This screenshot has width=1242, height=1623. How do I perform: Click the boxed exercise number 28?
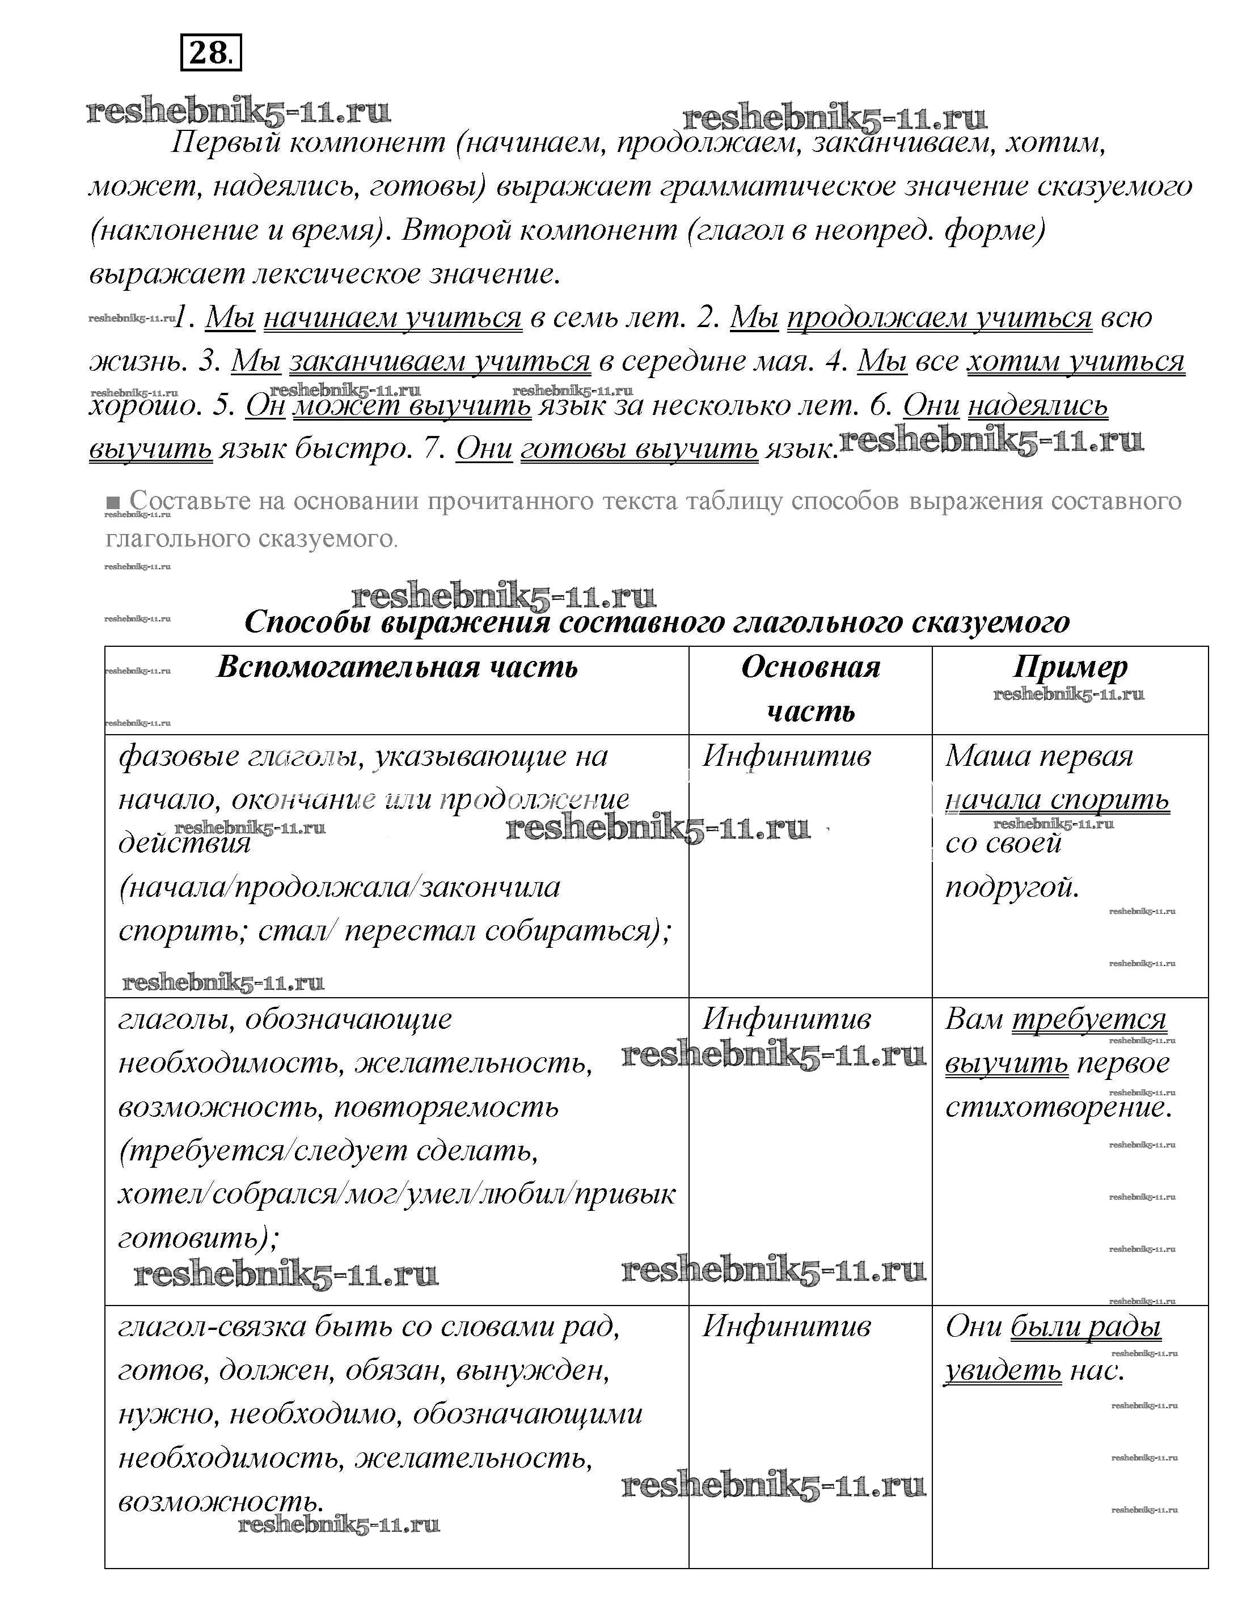coord(211,54)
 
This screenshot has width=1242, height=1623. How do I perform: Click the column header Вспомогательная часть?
coord(397,667)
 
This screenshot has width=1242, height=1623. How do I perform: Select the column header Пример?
coord(1070,667)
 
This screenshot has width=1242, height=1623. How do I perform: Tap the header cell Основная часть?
coord(810,689)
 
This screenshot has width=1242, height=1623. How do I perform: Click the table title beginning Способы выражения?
coord(657,622)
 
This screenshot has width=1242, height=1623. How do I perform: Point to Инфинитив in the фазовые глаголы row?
coord(787,756)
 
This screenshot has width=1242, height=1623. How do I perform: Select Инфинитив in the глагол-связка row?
coord(787,1327)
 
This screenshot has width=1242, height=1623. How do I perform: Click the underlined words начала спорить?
coord(1057,800)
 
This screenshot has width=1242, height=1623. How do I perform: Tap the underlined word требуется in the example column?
coord(1089,1019)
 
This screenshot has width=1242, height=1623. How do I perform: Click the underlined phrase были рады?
coord(1085,1327)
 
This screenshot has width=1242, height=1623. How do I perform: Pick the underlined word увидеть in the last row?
coord(1003,1370)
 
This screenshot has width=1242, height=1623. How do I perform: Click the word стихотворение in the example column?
coord(1058,1107)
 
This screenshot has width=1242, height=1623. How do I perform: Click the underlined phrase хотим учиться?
coord(1076,362)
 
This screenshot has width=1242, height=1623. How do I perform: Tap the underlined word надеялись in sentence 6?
coord(1037,406)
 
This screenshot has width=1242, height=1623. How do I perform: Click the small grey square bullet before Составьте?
coord(112,501)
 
